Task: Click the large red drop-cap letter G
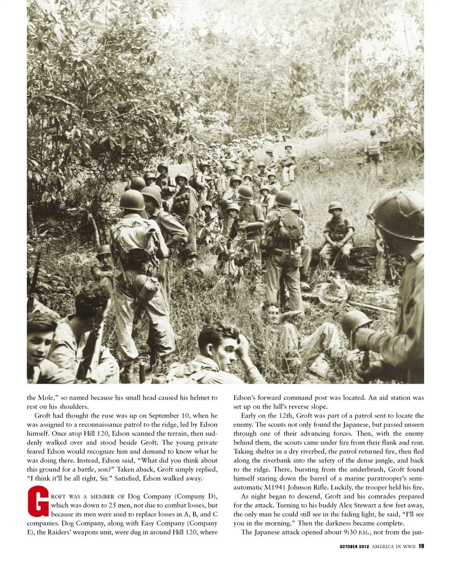(38, 502)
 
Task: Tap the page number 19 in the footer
(421, 546)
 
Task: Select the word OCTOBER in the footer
(351, 546)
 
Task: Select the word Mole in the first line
(48, 398)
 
